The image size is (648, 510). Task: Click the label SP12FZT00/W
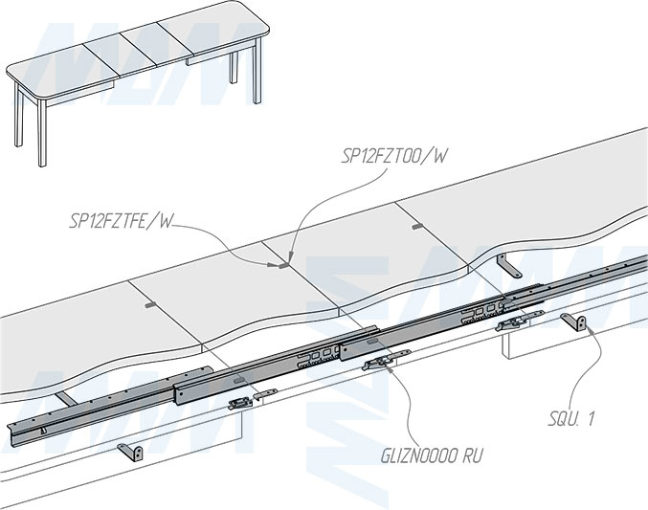(x=394, y=156)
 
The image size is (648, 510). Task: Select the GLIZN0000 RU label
(x=431, y=456)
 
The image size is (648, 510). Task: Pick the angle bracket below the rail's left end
(x=131, y=450)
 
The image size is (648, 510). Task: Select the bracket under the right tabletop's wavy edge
(x=514, y=263)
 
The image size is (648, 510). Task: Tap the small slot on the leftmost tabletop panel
(x=147, y=304)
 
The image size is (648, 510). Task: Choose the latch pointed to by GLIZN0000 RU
(x=379, y=363)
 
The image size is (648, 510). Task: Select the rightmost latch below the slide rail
(x=512, y=324)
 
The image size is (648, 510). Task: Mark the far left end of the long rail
(x=11, y=425)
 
